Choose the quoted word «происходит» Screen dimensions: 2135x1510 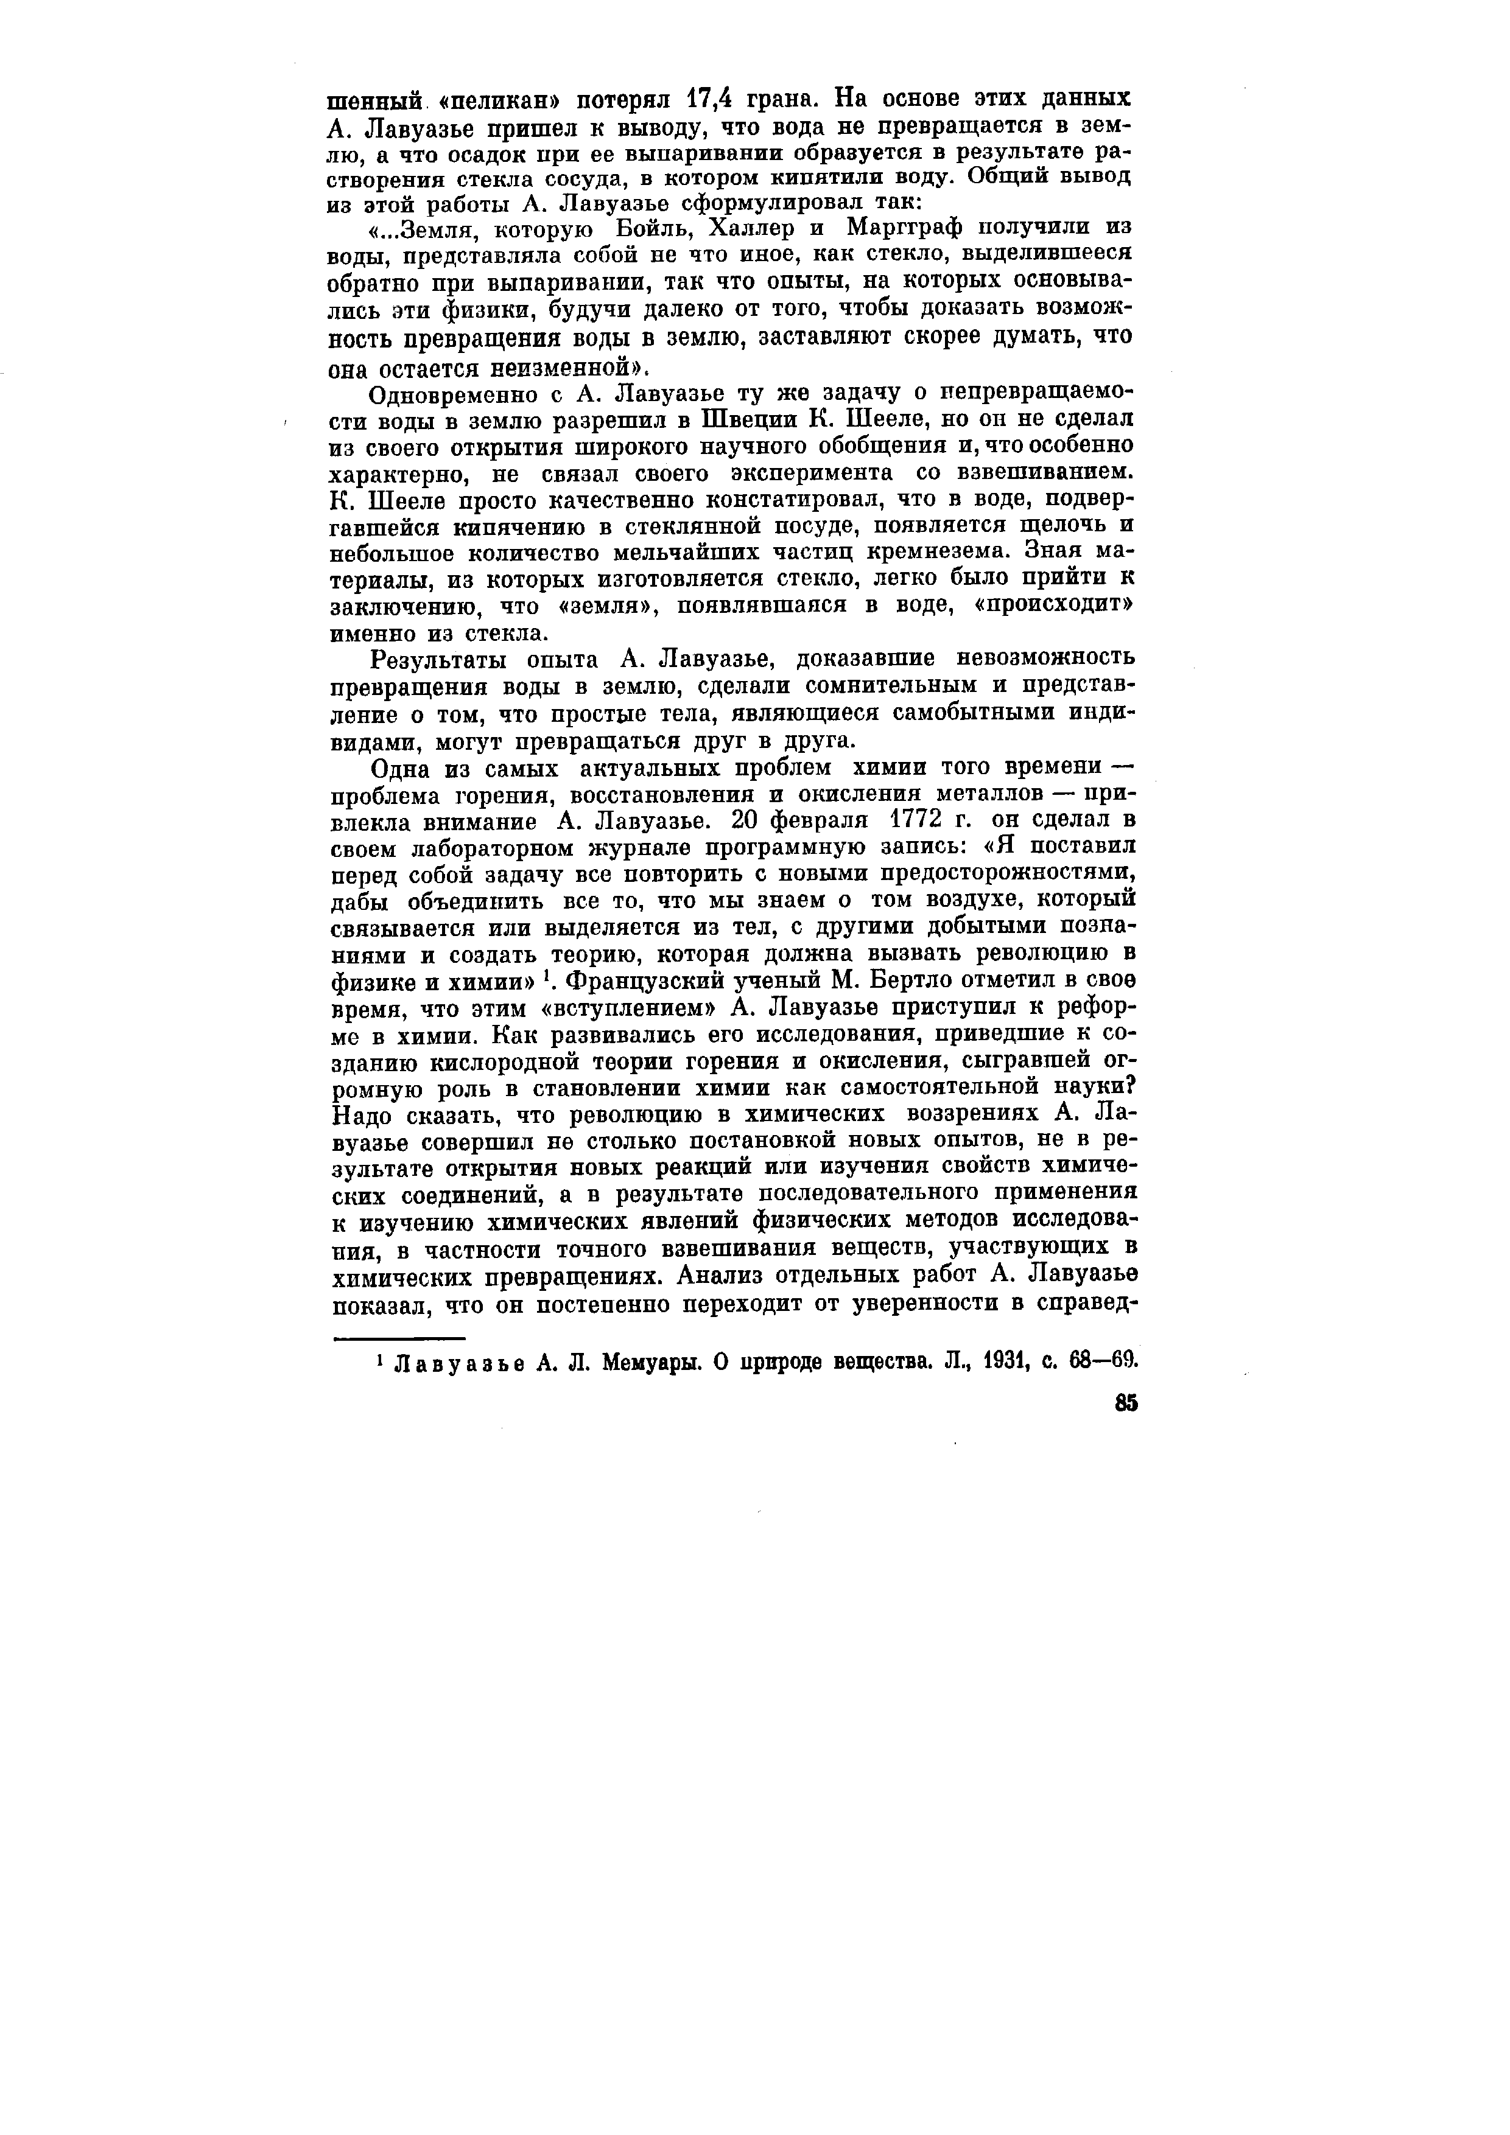[x=1068, y=606]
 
